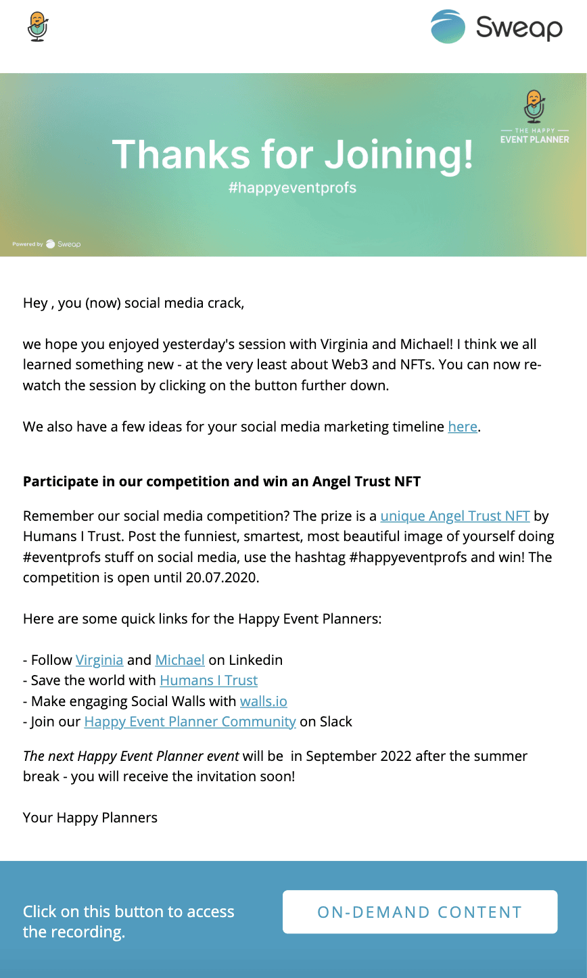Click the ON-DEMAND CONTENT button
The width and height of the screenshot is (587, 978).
point(419,912)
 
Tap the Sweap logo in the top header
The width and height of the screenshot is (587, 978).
point(496,27)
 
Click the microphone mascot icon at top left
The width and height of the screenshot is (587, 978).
point(38,27)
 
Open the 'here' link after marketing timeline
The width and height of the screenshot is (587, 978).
point(463,427)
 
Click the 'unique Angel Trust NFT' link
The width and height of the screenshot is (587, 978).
point(454,516)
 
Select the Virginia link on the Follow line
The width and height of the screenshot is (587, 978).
point(99,660)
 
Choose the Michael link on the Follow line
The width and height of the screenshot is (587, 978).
point(180,660)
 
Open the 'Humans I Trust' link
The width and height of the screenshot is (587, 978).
point(208,680)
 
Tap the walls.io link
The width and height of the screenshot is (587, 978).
point(264,701)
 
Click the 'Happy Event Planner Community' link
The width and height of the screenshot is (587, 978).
point(190,722)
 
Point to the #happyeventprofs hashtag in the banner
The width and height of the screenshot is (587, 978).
point(292,187)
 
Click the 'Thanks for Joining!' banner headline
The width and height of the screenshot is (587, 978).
point(292,154)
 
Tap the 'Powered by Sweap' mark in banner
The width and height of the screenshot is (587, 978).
point(47,244)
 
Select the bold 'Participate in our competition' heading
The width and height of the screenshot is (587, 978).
point(222,482)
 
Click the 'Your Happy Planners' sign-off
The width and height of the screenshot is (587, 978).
point(90,818)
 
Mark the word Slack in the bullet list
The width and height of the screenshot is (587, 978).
point(335,722)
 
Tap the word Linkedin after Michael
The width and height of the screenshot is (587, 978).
point(256,660)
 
